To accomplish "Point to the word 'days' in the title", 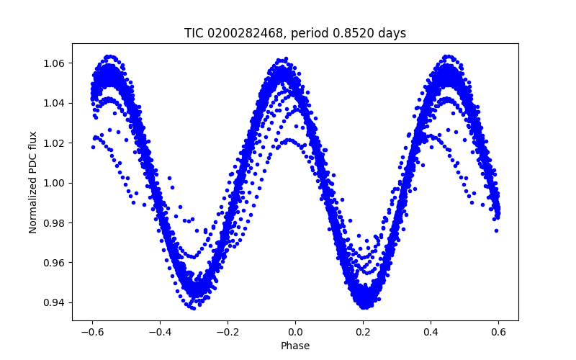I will [390, 33].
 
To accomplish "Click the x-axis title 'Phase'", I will [295, 346].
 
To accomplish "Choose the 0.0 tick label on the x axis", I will [295, 332].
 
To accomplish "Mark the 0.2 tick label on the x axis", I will [363, 332].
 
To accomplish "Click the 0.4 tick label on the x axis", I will [431, 332].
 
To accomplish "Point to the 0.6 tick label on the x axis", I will [498, 332].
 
